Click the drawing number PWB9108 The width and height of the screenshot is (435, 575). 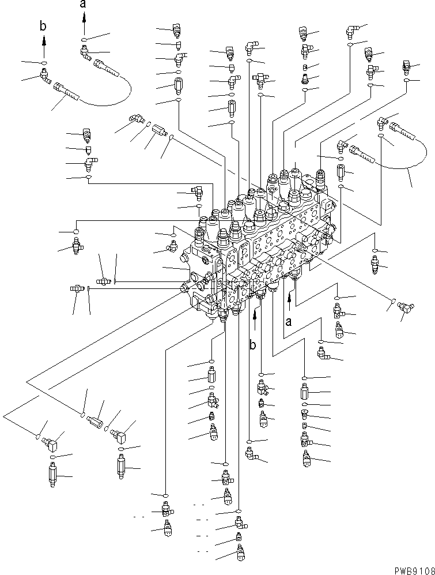tap(411, 569)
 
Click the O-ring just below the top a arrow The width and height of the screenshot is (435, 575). tap(84, 40)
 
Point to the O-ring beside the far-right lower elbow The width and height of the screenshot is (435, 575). tap(392, 301)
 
